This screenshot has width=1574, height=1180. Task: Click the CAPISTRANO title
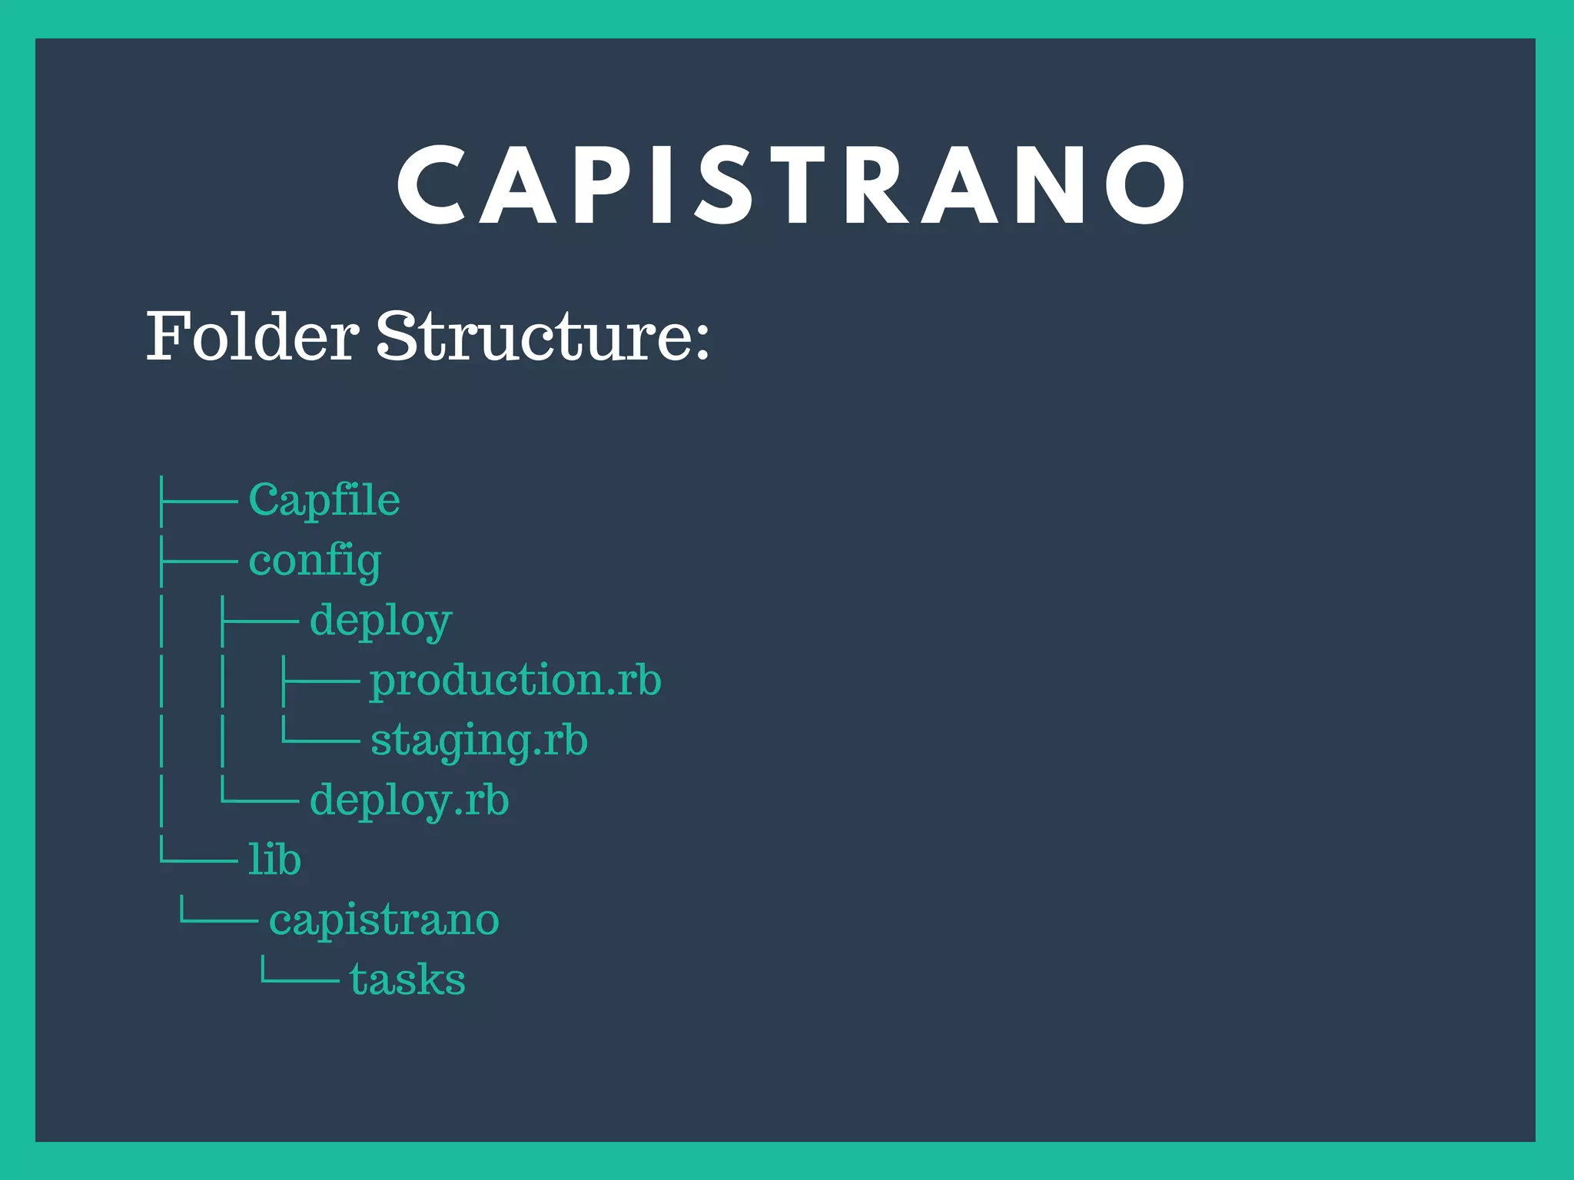pos(792,186)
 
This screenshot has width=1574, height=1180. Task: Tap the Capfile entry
pos(324,501)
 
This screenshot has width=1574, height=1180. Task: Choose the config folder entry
pos(314,561)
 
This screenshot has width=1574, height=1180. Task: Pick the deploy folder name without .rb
pos(380,621)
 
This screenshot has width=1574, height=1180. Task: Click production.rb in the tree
pos(515,681)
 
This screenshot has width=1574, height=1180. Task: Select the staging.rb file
pos(479,741)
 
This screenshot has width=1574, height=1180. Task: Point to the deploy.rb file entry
pos(409,800)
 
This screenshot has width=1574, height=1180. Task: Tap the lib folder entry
pos(274,860)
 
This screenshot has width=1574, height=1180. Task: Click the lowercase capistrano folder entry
pos(384,920)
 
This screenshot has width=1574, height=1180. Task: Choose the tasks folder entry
pos(407,979)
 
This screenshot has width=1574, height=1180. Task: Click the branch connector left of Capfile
pos(198,501)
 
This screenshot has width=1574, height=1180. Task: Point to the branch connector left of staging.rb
pos(320,736)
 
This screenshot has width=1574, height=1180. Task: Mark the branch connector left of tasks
pos(299,974)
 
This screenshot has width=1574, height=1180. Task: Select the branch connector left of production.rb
pos(320,681)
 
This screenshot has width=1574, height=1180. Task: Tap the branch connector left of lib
pos(198,854)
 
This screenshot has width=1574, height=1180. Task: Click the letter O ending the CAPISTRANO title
pos(1145,186)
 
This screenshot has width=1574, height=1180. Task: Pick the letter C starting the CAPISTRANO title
pos(432,186)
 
